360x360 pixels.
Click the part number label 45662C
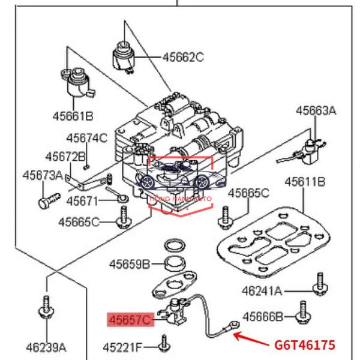pyautogui.click(x=183, y=57)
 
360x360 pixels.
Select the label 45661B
pyautogui.click(x=73, y=116)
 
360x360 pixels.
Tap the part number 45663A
pyautogui.click(x=316, y=110)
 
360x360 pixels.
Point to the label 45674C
pyautogui.click(x=87, y=138)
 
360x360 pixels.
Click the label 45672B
pyautogui.click(x=65, y=157)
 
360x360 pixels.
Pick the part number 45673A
pyautogui.click(x=43, y=175)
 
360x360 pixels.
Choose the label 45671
pyautogui.click(x=82, y=202)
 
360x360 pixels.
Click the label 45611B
pyautogui.click(x=305, y=182)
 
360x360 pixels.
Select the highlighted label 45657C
pyautogui.click(x=130, y=320)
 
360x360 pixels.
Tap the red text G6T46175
pyautogui.click(x=305, y=345)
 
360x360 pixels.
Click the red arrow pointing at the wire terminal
pyautogui.click(x=251, y=339)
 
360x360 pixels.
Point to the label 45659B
pyautogui.click(x=130, y=264)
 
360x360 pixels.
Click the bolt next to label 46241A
pyautogui.click(x=320, y=284)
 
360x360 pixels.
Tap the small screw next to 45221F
pyautogui.click(x=164, y=344)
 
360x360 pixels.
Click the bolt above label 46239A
pyautogui.click(x=46, y=307)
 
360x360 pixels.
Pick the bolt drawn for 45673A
pyautogui.click(x=49, y=201)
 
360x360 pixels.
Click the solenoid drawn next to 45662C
pyautogui.click(x=123, y=57)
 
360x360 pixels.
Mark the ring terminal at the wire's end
pyautogui.click(x=235, y=325)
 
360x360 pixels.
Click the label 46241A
pyautogui.click(x=262, y=291)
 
